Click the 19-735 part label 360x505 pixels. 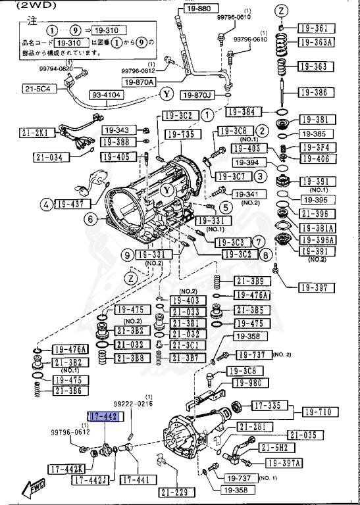click(x=180, y=134)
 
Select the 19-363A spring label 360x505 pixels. click(x=317, y=42)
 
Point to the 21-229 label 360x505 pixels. click(x=172, y=491)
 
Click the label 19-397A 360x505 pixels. click(x=283, y=463)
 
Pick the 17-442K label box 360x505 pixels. click(x=65, y=468)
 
